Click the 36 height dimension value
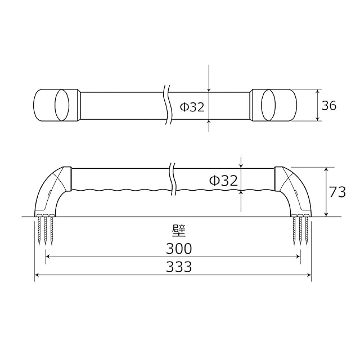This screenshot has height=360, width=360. [329, 105]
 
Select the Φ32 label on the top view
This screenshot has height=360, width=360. [192, 107]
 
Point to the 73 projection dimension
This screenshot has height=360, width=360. [337, 192]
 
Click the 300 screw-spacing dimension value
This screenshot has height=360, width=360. [179, 249]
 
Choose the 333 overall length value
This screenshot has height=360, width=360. [179, 267]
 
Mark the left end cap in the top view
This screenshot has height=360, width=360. [57, 105]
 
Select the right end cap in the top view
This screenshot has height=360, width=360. [273, 105]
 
